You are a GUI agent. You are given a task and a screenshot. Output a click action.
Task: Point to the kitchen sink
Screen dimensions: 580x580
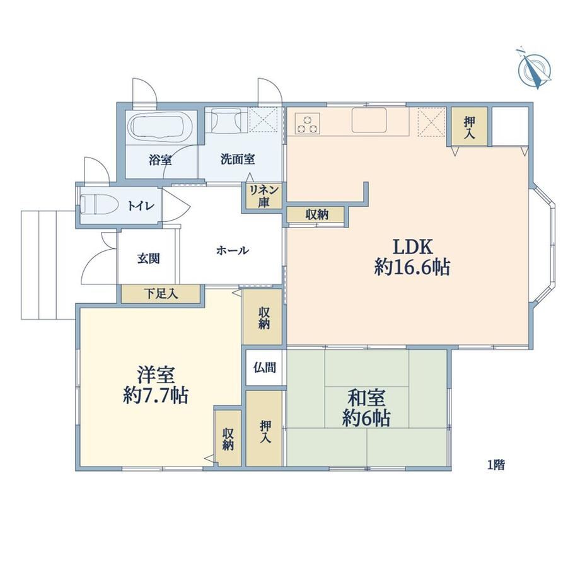369,120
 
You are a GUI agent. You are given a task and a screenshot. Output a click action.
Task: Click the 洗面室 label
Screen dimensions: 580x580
238,159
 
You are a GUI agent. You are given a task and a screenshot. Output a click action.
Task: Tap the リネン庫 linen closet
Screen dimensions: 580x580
264,197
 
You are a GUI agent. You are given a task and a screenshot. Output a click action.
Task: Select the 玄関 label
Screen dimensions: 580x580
148,258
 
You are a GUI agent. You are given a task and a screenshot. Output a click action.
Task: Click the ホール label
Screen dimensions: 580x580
232,251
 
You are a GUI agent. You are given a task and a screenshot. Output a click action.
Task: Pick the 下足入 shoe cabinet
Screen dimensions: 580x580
161,294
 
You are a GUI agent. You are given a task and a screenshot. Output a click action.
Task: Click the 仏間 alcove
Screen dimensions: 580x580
265,368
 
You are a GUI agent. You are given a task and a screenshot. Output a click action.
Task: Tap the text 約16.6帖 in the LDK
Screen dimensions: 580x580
412,267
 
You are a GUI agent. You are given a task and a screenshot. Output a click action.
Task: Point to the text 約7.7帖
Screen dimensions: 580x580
156,396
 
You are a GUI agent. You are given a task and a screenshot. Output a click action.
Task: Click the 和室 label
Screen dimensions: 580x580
366,398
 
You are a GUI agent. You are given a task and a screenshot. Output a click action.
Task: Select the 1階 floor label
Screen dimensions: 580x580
496,465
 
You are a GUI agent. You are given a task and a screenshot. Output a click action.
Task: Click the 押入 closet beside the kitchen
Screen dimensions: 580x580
470,126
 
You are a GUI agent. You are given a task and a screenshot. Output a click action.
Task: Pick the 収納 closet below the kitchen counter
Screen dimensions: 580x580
316,214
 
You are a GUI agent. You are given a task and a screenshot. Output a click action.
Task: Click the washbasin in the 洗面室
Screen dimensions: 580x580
226,120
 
